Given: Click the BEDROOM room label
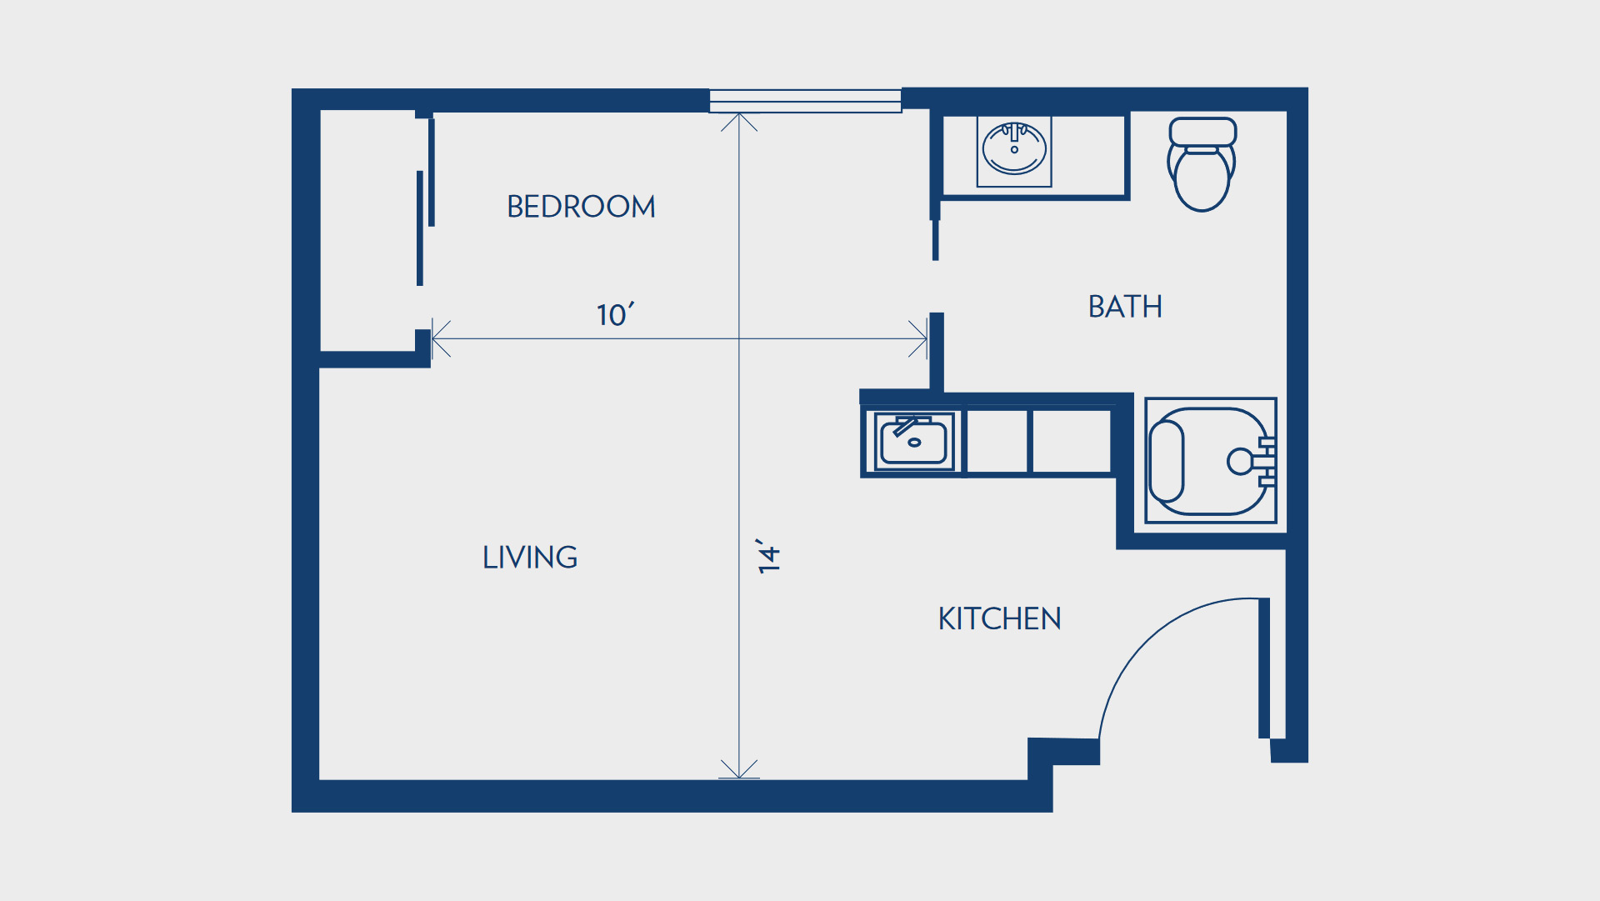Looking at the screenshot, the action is (x=581, y=207).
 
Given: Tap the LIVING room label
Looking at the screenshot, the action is (x=530, y=558).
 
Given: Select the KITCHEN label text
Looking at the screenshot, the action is (x=999, y=619).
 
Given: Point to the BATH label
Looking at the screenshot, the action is (x=1125, y=307).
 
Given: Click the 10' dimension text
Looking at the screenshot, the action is (x=615, y=314).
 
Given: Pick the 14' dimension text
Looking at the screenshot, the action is (x=768, y=556).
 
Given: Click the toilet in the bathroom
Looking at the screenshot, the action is (x=1202, y=164).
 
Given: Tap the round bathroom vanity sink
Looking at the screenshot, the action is (x=1014, y=148).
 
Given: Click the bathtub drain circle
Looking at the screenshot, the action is (x=1240, y=461).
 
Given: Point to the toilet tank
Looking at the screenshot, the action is (x=1202, y=132).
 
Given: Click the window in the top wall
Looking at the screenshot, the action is (x=805, y=101).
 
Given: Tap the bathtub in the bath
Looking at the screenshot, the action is (x=1211, y=460).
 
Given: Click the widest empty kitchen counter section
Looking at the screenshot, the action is (x=1072, y=441).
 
